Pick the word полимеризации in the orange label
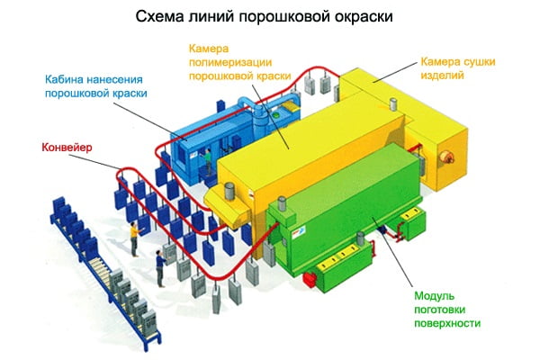(227, 62)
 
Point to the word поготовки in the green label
(444, 310)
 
